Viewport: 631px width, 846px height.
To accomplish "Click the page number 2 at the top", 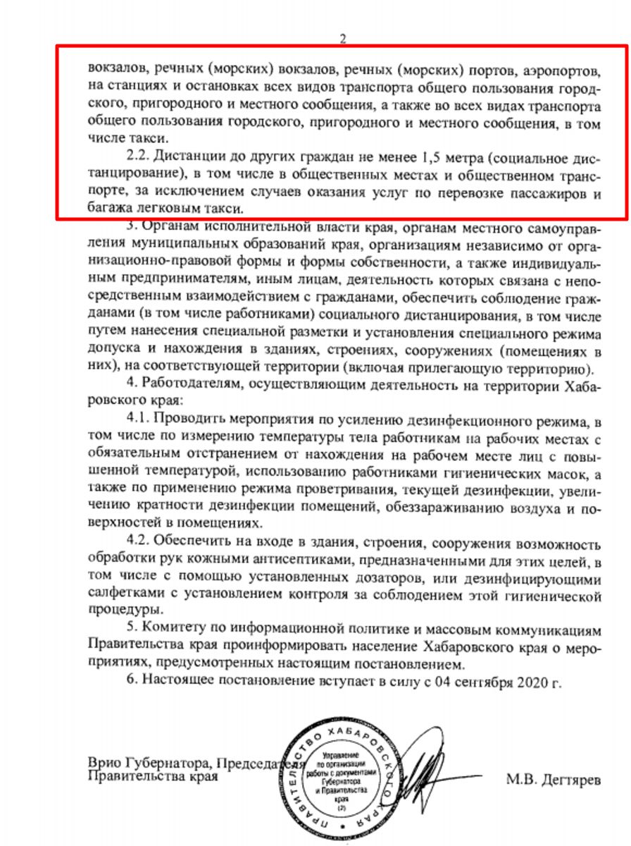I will (343, 39).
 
